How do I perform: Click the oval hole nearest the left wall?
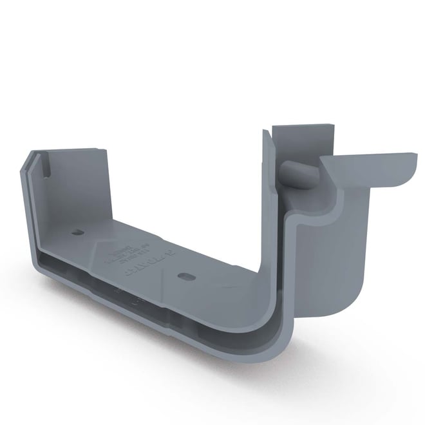(77, 232)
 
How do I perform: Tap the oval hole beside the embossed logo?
(184, 276)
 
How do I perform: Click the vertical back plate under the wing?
(364, 245)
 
